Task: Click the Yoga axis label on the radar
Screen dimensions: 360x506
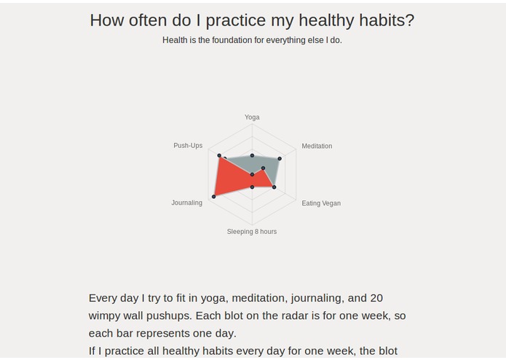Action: (x=252, y=117)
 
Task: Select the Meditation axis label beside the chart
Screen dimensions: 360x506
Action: (x=317, y=146)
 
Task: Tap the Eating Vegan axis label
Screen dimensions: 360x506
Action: (x=321, y=203)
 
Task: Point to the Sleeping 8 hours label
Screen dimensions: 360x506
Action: (x=252, y=232)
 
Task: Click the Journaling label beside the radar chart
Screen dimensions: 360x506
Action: (x=187, y=203)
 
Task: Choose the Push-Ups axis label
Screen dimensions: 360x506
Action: (x=188, y=146)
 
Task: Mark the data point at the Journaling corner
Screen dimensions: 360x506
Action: (x=214, y=196)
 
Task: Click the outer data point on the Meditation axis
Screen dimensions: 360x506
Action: (x=280, y=158)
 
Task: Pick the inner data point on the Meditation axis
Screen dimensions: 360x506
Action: (x=264, y=168)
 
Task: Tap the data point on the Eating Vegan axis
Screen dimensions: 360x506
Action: (x=274, y=187)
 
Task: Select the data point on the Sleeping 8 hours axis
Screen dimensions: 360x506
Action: (x=252, y=187)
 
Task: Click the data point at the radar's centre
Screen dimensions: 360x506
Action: (x=252, y=175)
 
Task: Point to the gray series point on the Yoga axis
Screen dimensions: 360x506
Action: (x=252, y=155)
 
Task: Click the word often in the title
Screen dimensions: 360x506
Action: (x=148, y=20)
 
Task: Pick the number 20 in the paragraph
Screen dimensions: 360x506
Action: (x=376, y=298)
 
